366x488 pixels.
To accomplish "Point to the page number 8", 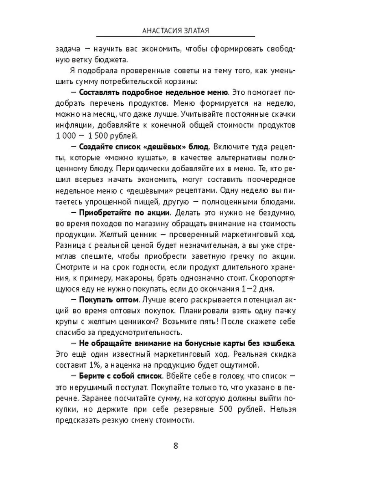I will [175, 446].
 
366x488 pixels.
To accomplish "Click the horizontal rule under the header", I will [175, 36].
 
